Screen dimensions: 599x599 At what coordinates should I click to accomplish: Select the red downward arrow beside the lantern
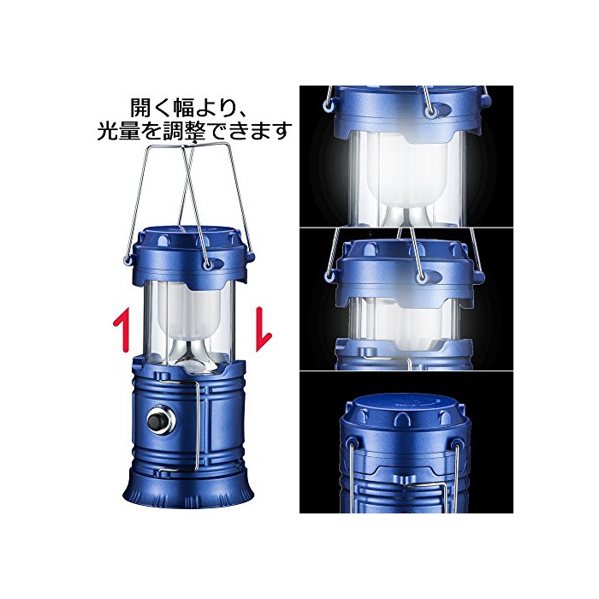(263, 328)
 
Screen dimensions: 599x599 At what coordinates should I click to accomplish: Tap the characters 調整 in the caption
(185, 130)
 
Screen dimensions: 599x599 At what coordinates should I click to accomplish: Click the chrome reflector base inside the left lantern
(190, 353)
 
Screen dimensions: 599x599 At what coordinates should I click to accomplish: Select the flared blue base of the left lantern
(188, 488)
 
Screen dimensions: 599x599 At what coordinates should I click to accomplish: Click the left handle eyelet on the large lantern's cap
(127, 259)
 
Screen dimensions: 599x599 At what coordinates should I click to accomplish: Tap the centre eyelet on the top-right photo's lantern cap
(431, 111)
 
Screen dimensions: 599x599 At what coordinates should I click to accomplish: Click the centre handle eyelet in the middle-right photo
(421, 279)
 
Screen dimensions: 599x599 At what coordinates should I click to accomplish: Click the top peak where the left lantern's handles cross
(189, 145)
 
